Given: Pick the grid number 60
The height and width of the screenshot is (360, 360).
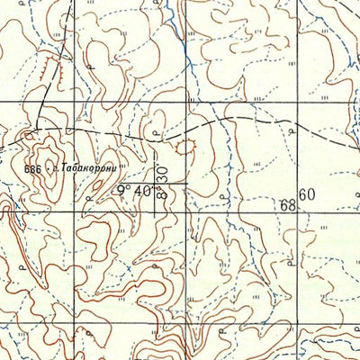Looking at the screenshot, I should (x=308, y=194).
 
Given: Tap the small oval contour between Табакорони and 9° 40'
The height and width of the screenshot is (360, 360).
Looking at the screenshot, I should (x=112, y=181).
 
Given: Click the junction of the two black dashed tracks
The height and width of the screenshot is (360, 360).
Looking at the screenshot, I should (x=40, y=127).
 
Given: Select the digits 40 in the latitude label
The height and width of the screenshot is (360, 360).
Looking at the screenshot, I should (x=141, y=191).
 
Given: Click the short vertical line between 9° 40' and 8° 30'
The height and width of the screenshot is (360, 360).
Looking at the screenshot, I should (x=154, y=196).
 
